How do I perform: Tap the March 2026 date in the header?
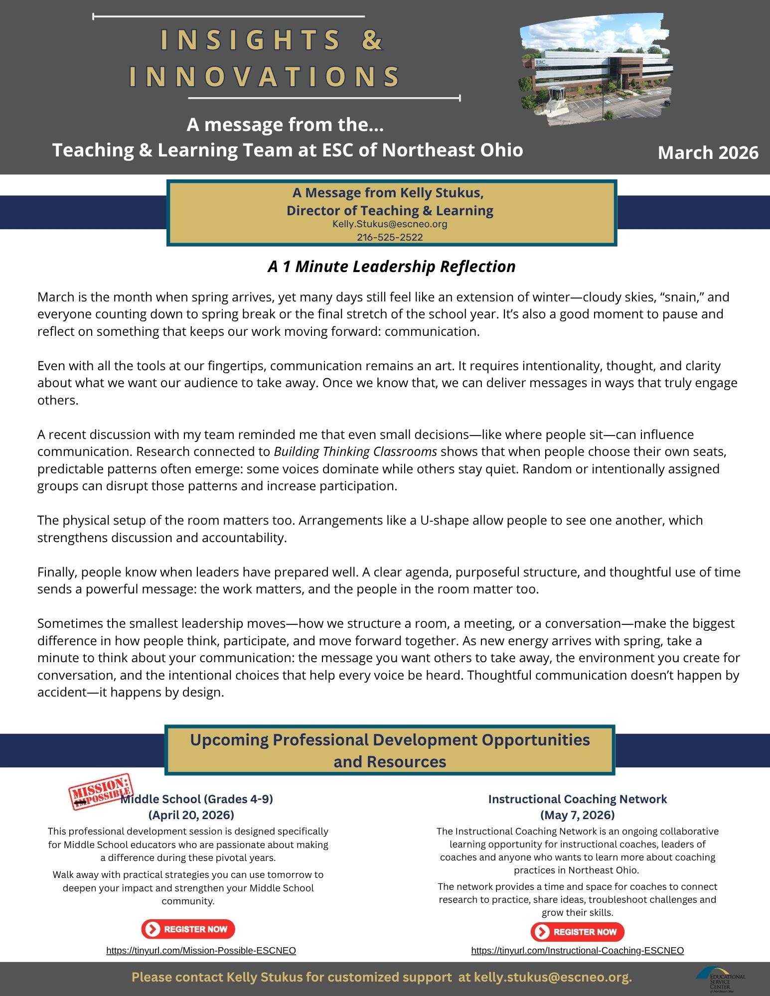coord(708,152)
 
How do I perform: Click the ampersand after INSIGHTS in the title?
coord(372,40)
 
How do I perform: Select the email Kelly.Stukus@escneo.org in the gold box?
coord(390,224)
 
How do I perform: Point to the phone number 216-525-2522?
coord(390,238)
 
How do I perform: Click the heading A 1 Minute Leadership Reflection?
coord(391,267)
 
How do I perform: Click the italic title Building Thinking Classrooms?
coord(355,452)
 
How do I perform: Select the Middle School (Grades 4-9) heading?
coord(197,799)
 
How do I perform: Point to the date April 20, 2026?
coord(191,815)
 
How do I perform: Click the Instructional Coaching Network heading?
coord(577,799)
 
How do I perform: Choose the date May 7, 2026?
coord(577,815)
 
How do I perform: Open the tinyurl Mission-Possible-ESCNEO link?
coord(201,951)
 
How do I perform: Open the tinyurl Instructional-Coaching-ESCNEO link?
coord(577,951)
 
